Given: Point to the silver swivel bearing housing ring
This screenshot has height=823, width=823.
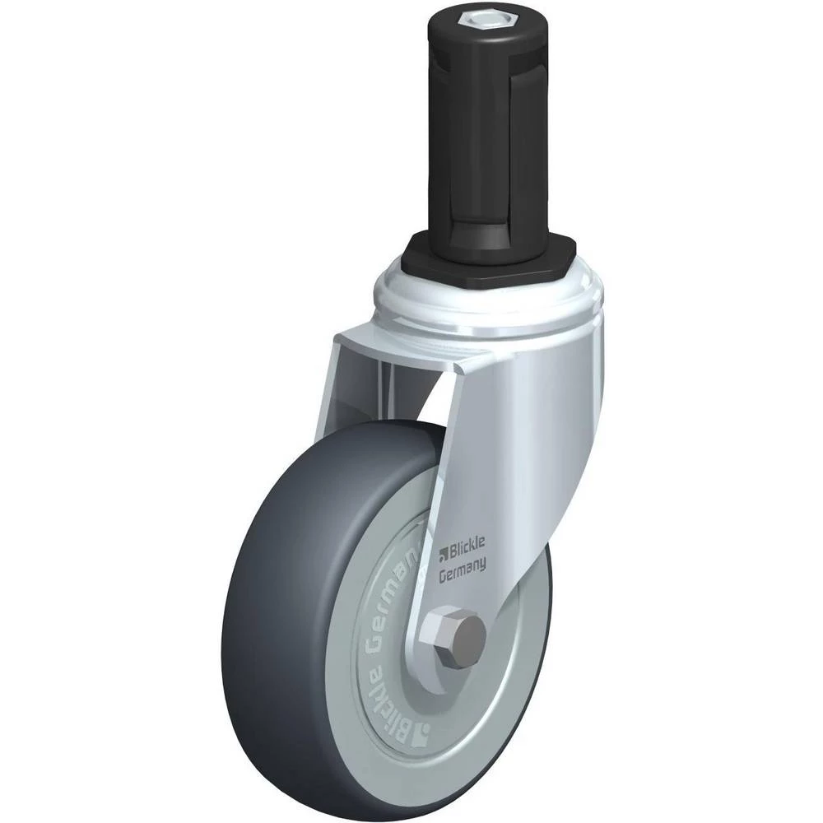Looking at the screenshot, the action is tap(491, 305).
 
